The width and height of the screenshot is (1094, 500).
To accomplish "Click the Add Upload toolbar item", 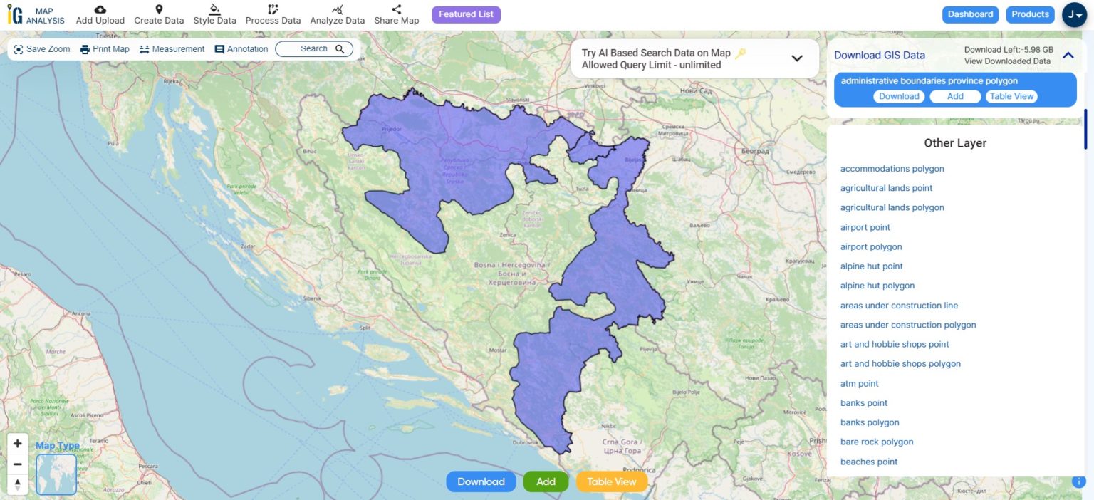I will (100, 14).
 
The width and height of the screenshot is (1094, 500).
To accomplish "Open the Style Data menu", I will (214, 14).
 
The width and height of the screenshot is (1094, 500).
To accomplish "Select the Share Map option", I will (397, 14).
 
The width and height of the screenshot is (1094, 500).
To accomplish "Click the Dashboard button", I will (970, 14).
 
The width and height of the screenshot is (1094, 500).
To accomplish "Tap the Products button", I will (1030, 14).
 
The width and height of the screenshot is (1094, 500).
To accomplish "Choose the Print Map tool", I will (105, 49).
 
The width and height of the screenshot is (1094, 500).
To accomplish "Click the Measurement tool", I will (172, 49).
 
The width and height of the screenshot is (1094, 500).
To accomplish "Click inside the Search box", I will (313, 49).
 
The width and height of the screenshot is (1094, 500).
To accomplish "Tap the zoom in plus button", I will (18, 443).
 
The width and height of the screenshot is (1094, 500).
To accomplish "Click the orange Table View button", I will (611, 481).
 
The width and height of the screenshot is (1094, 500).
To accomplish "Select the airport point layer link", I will (865, 227).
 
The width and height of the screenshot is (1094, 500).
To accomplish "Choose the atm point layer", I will (860, 383).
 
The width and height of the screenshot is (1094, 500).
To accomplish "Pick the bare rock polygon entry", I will (877, 442).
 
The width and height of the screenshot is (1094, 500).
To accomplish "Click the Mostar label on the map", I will (497, 350).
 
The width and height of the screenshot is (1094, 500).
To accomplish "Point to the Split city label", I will (365, 328).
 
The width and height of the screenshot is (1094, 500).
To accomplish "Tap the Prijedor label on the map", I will (392, 130).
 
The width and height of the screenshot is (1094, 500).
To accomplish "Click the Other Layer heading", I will (955, 143).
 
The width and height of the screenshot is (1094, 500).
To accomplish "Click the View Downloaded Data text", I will (1007, 61).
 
